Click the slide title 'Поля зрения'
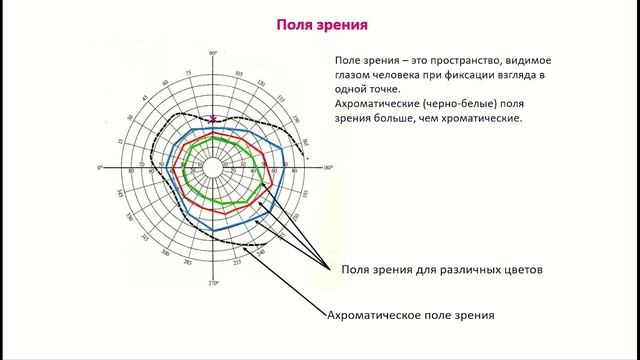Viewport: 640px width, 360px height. click(x=320, y=21)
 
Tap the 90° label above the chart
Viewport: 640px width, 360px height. click(x=213, y=52)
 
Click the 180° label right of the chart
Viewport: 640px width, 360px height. click(x=328, y=166)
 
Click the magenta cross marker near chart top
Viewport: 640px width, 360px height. click(x=213, y=119)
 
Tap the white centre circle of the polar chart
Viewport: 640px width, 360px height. click(x=213, y=168)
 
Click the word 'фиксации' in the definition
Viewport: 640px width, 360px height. click(x=475, y=74)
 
